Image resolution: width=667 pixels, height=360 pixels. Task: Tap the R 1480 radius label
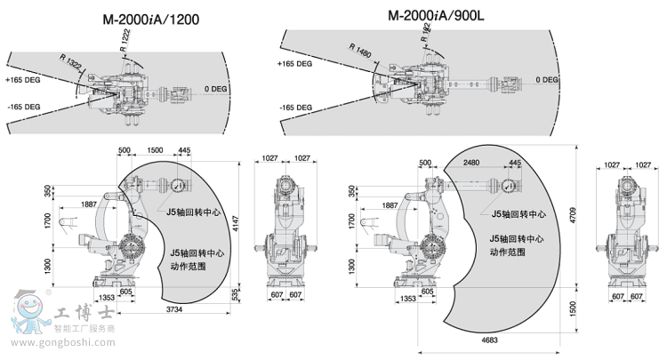pyautogui.click(x=362, y=52)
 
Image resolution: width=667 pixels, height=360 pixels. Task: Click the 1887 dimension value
pyautogui.click(x=89, y=204)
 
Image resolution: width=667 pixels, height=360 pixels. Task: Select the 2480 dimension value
pyautogui.click(x=471, y=163)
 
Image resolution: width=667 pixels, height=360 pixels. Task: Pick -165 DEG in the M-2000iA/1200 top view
pyautogui.click(x=23, y=107)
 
